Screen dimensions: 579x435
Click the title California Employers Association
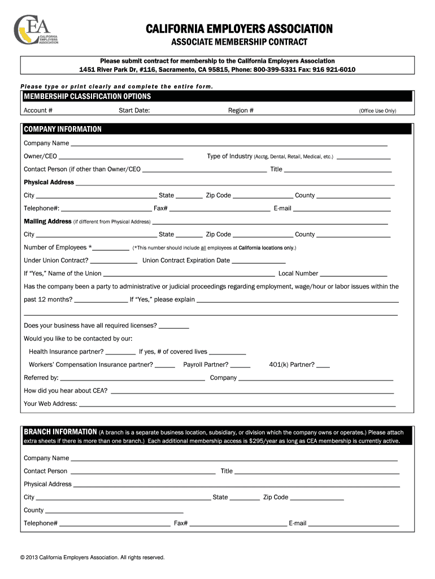click(239, 29)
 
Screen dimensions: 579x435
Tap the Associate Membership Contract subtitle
click(239, 42)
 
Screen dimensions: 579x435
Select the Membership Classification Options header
click(87, 96)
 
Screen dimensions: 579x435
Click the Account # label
click(38, 111)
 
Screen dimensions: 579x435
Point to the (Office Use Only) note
click(377, 111)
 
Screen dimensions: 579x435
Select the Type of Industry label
click(229, 156)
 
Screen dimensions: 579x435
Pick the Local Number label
click(298, 274)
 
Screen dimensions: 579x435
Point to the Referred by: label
click(41, 378)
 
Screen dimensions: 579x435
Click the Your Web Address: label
click(50, 404)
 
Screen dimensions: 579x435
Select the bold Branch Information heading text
click(60, 432)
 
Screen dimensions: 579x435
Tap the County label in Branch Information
click(33, 510)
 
